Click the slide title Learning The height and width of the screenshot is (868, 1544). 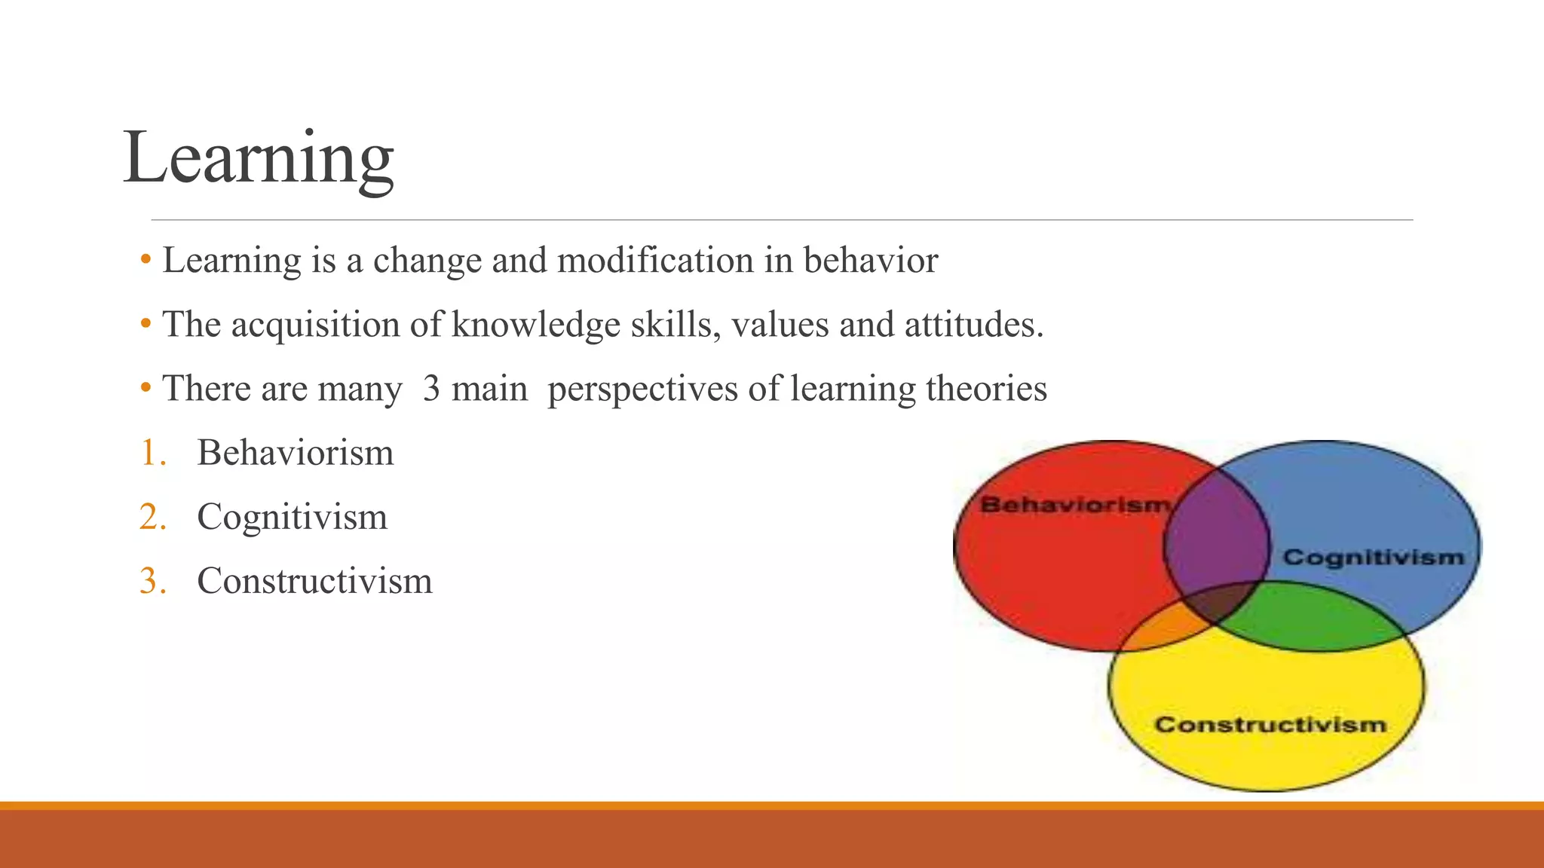click(258, 158)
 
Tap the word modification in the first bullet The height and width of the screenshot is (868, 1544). click(655, 261)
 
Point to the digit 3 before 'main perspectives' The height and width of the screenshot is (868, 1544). click(431, 389)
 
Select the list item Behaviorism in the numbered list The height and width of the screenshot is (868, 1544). click(295, 453)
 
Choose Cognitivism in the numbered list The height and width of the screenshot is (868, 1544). click(292, 518)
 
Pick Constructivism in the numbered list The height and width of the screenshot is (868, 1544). click(314, 581)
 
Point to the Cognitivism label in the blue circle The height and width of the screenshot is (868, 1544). click(1373, 557)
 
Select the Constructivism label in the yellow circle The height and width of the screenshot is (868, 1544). click(1270, 724)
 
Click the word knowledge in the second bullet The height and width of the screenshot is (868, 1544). click(535, 325)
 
